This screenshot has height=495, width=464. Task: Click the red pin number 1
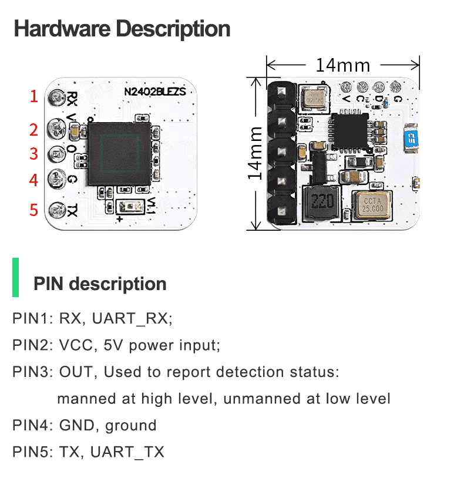point(33,96)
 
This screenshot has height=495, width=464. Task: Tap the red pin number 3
point(33,154)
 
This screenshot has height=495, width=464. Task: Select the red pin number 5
point(33,210)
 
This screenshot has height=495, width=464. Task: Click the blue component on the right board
point(412,139)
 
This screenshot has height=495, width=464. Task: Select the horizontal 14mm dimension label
point(342,65)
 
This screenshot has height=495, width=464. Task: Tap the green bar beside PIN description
point(15,277)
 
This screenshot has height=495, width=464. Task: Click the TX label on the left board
point(72,210)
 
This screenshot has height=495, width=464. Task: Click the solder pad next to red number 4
point(57,177)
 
